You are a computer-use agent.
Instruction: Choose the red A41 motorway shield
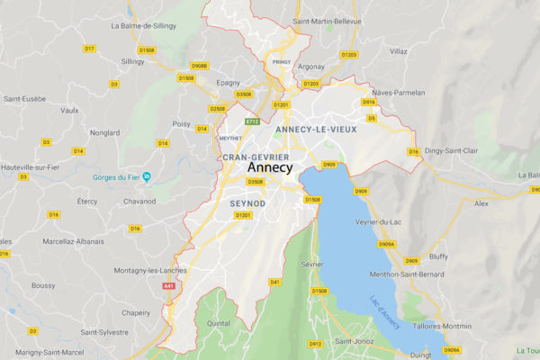tap(168, 285)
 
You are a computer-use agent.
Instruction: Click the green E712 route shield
tap(253, 121)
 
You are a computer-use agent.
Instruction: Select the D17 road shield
tap(89, 48)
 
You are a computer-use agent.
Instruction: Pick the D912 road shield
tap(315, 343)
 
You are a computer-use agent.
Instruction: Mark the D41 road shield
tap(275, 282)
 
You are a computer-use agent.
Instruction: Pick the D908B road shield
tap(199, 66)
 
